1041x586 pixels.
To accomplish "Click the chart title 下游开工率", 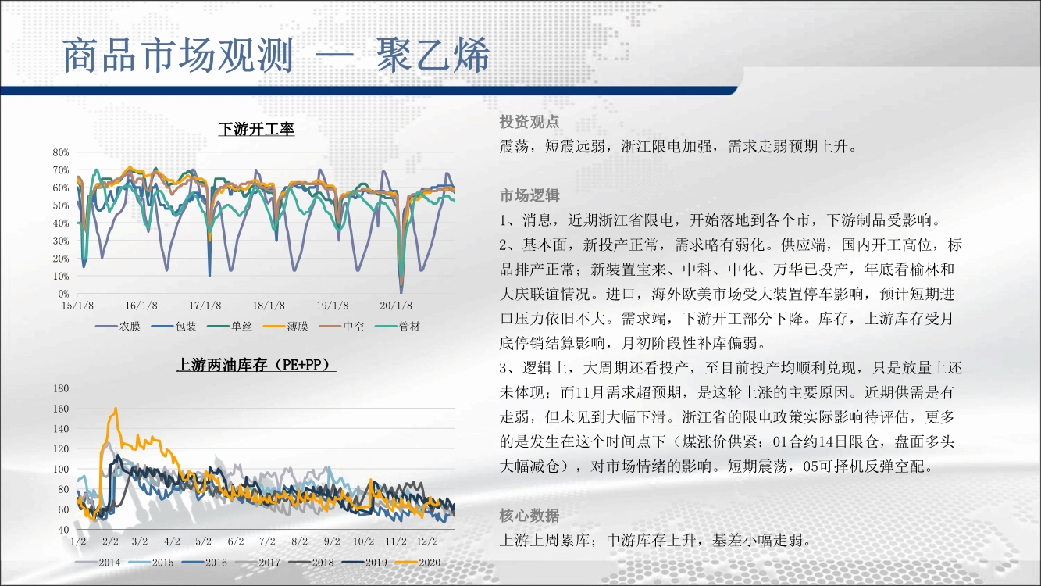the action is (x=256, y=129).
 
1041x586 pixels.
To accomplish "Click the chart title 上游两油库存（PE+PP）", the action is (x=256, y=365).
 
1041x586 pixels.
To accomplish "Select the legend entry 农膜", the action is (x=118, y=327).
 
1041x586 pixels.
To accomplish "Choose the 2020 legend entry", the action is (x=418, y=563).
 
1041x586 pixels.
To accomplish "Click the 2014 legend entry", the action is (x=98, y=563).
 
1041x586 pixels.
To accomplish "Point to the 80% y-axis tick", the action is (x=61, y=152).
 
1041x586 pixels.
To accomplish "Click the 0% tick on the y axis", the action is (x=63, y=294).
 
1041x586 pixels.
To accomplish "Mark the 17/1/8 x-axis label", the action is (x=205, y=306).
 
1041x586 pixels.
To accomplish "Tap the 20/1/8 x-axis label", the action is (x=396, y=306).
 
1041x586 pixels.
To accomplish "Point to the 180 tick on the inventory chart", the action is (x=61, y=388).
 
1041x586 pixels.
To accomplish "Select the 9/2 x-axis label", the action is (x=332, y=541).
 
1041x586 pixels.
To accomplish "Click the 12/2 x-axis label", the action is (x=427, y=541).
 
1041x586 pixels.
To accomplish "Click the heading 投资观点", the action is (x=529, y=122).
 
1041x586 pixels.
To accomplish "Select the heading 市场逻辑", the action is (x=529, y=196).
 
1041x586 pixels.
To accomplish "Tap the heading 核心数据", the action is (x=529, y=516).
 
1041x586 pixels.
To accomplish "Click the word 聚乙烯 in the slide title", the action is (x=433, y=55).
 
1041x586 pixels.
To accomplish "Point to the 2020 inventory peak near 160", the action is (x=116, y=409).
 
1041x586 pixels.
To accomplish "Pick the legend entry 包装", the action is (x=174, y=327).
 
